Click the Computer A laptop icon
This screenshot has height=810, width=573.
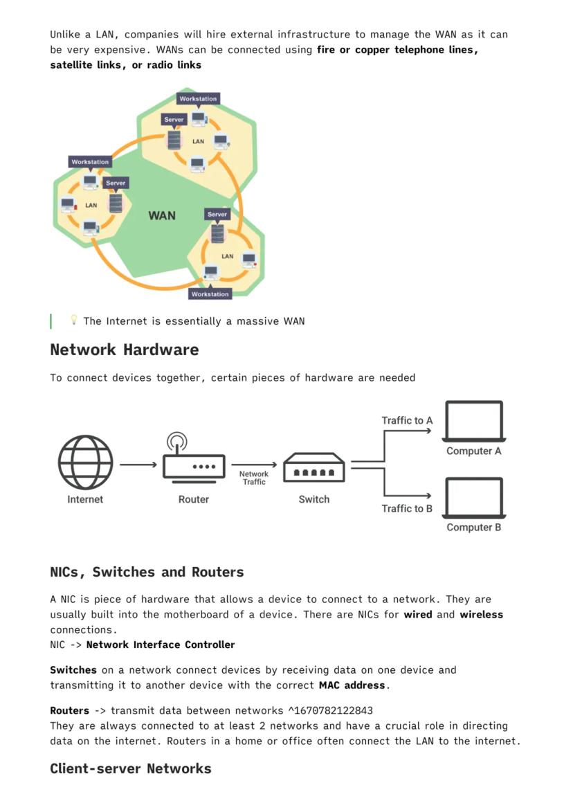tap(474, 421)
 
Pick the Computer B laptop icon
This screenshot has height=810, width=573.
tap(474, 498)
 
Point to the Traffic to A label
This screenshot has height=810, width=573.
tap(407, 420)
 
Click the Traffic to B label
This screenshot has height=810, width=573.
tap(407, 508)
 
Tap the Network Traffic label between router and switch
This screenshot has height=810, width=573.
tap(254, 478)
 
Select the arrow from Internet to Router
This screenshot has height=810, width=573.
tap(138, 465)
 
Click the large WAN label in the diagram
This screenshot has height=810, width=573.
tap(162, 215)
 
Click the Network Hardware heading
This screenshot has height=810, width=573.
tap(124, 350)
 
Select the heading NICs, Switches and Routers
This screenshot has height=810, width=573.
tap(147, 572)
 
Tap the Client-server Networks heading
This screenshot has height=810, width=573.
tap(130, 768)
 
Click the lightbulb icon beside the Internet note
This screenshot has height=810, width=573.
tap(73, 320)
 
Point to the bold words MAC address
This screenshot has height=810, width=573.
tap(352, 685)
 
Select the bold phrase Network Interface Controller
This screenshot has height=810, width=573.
tap(161, 645)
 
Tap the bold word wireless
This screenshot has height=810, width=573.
tap(481, 614)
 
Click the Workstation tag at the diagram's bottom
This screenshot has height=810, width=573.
tap(210, 294)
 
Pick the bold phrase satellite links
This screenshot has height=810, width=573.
tap(87, 65)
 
